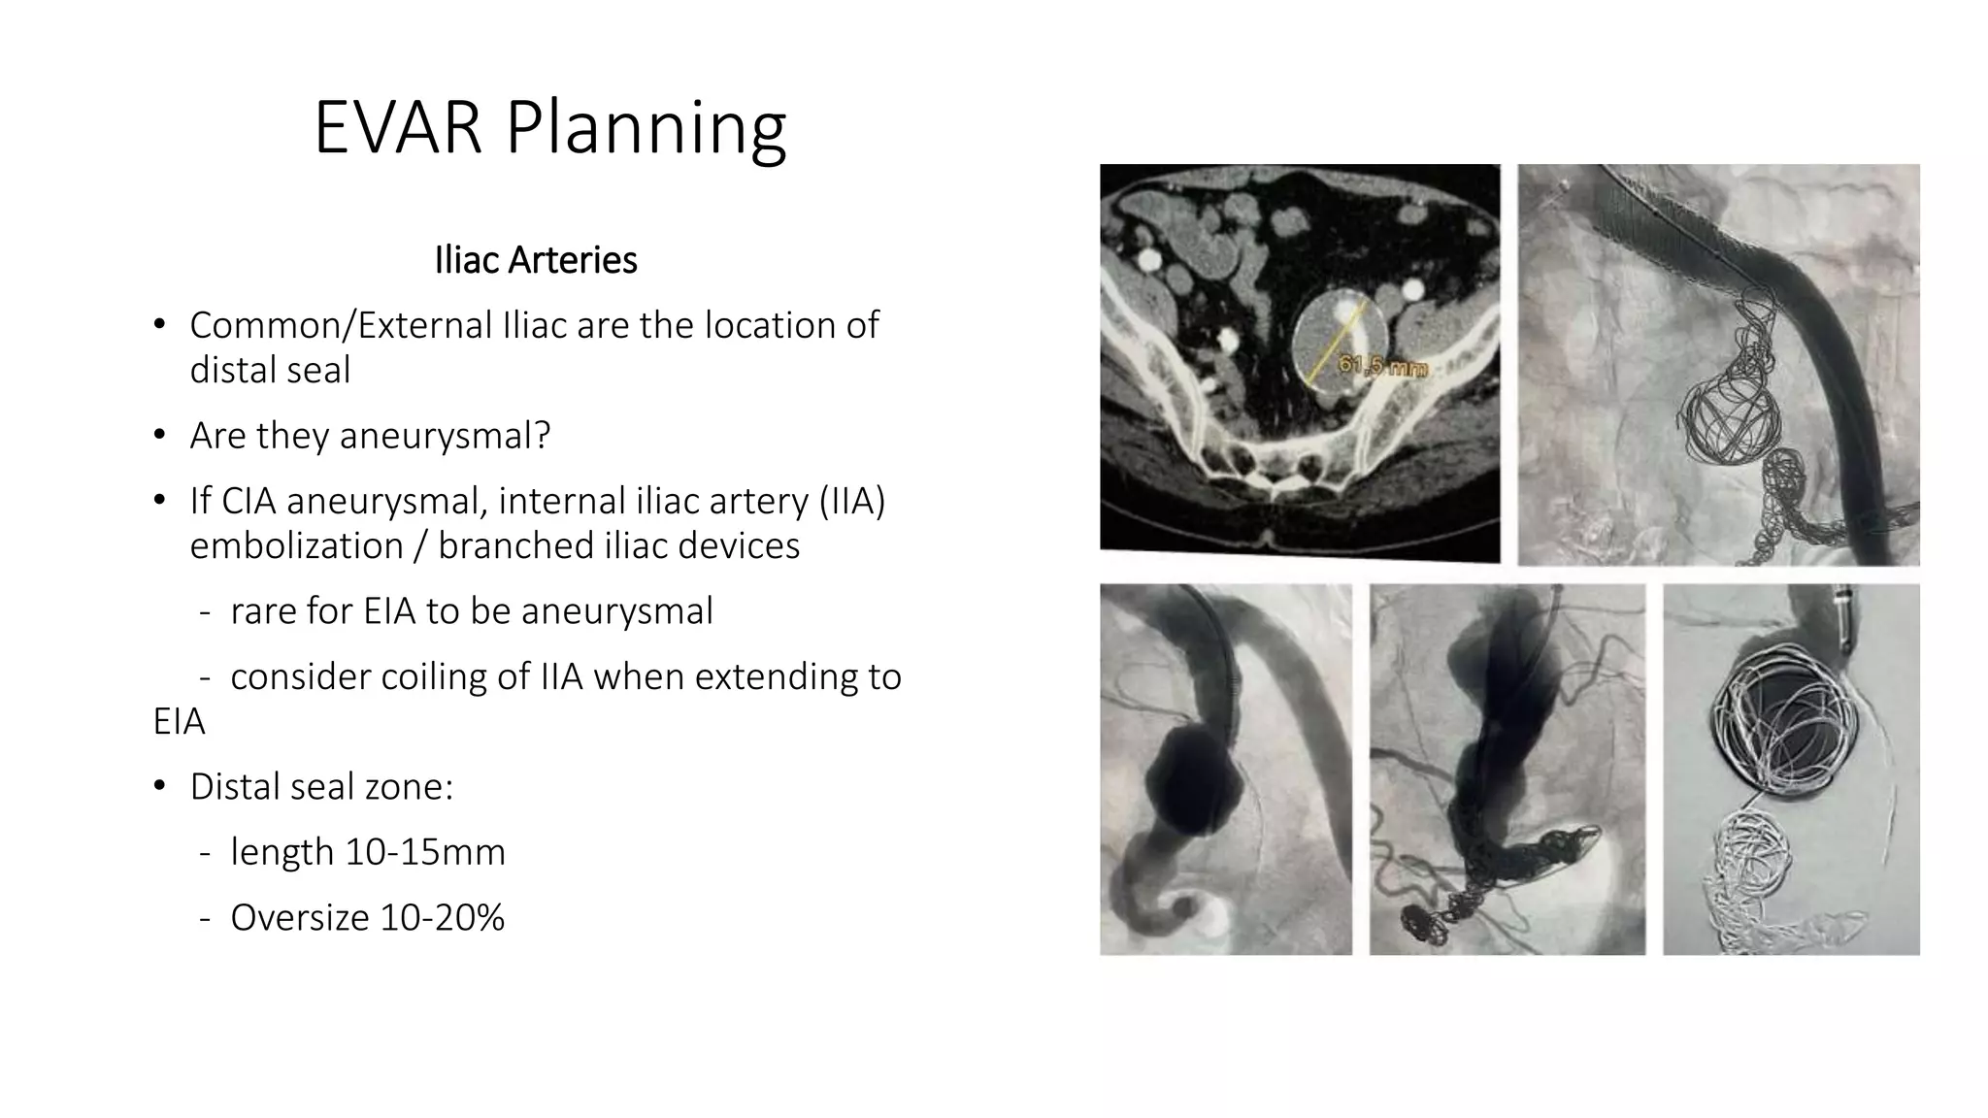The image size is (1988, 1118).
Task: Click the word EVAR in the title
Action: tap(397, 128)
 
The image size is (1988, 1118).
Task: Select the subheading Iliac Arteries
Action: tap(536, 260)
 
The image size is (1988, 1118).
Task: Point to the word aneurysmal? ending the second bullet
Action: tap(445, 436)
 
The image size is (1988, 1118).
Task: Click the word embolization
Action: tap(296, 546)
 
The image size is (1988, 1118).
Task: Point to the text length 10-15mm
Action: tap(368, 852)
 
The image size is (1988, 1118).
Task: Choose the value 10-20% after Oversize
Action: tap(443, 918)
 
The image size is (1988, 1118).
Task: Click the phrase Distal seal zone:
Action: tap(321, 787)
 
